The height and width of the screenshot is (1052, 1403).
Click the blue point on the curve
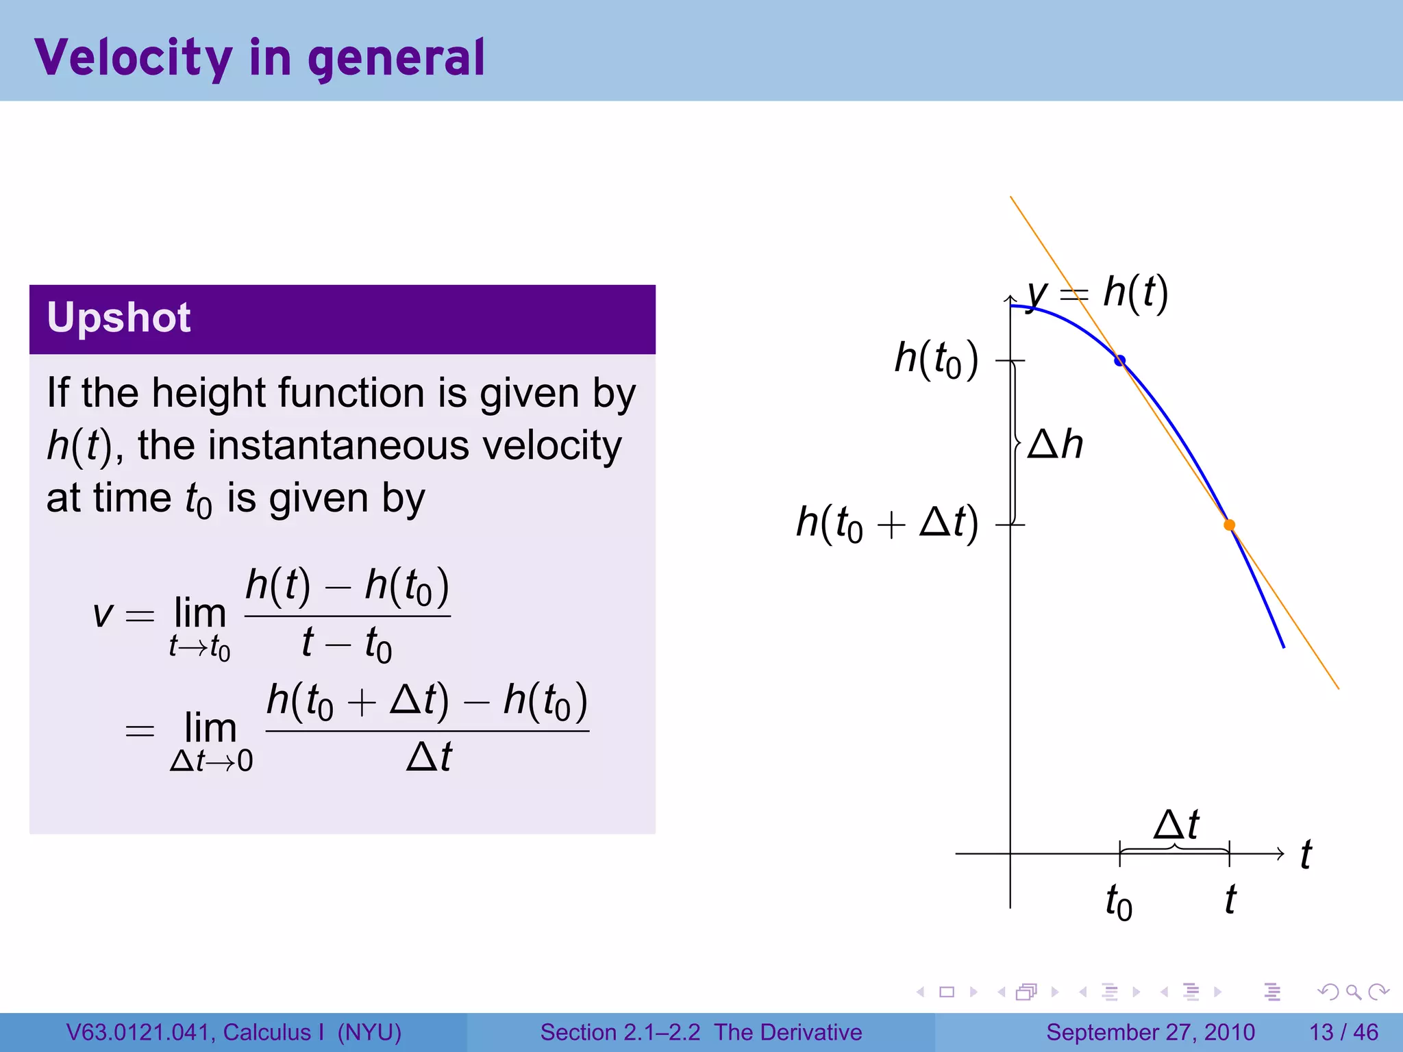coord(1119,360)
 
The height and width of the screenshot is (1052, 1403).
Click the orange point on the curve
coord(1229,525)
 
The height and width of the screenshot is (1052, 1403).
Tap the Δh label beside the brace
coord(1055,444)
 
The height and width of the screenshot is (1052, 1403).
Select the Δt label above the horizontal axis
coord(1176,824)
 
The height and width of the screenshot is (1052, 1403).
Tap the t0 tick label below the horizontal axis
coord(1118,901)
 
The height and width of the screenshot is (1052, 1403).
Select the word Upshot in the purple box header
coord(119,318)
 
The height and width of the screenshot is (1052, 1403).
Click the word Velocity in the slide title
coord(134,58)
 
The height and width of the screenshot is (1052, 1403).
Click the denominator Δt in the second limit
coord(429,757)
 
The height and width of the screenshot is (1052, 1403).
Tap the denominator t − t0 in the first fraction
coord(347,643)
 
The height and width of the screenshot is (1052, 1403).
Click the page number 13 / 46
coord(1343,1032)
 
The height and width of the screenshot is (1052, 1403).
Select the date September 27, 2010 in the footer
coord(1150,1032)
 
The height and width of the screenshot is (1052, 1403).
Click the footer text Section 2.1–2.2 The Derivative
coord(701,1032)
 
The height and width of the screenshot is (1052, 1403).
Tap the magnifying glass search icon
coord(1353,992)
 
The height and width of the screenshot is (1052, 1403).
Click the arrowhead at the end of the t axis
coord(1280,853)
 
